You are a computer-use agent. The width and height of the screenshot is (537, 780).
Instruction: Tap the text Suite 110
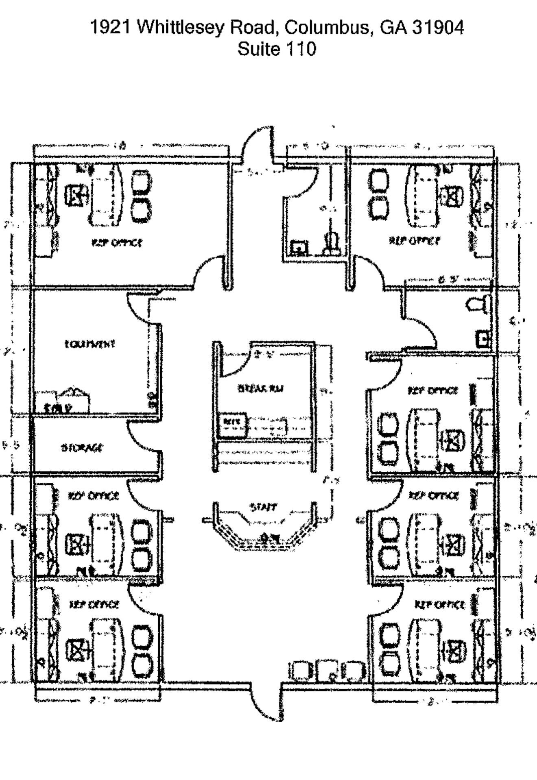tap(277, 49)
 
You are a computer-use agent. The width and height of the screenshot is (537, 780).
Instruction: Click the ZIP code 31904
tap(438, 28)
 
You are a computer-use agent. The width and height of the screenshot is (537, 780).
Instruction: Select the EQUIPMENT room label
tap(90, 344)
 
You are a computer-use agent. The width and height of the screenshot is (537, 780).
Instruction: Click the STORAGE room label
tap(83, 448)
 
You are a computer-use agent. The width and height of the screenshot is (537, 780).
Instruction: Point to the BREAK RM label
tap(260, 388)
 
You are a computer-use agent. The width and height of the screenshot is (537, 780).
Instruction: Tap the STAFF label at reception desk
tap(263, 507)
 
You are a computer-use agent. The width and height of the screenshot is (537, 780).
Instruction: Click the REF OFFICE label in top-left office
tap(117, 243)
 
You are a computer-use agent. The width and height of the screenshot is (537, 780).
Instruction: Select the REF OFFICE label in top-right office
tap(415, 240)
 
